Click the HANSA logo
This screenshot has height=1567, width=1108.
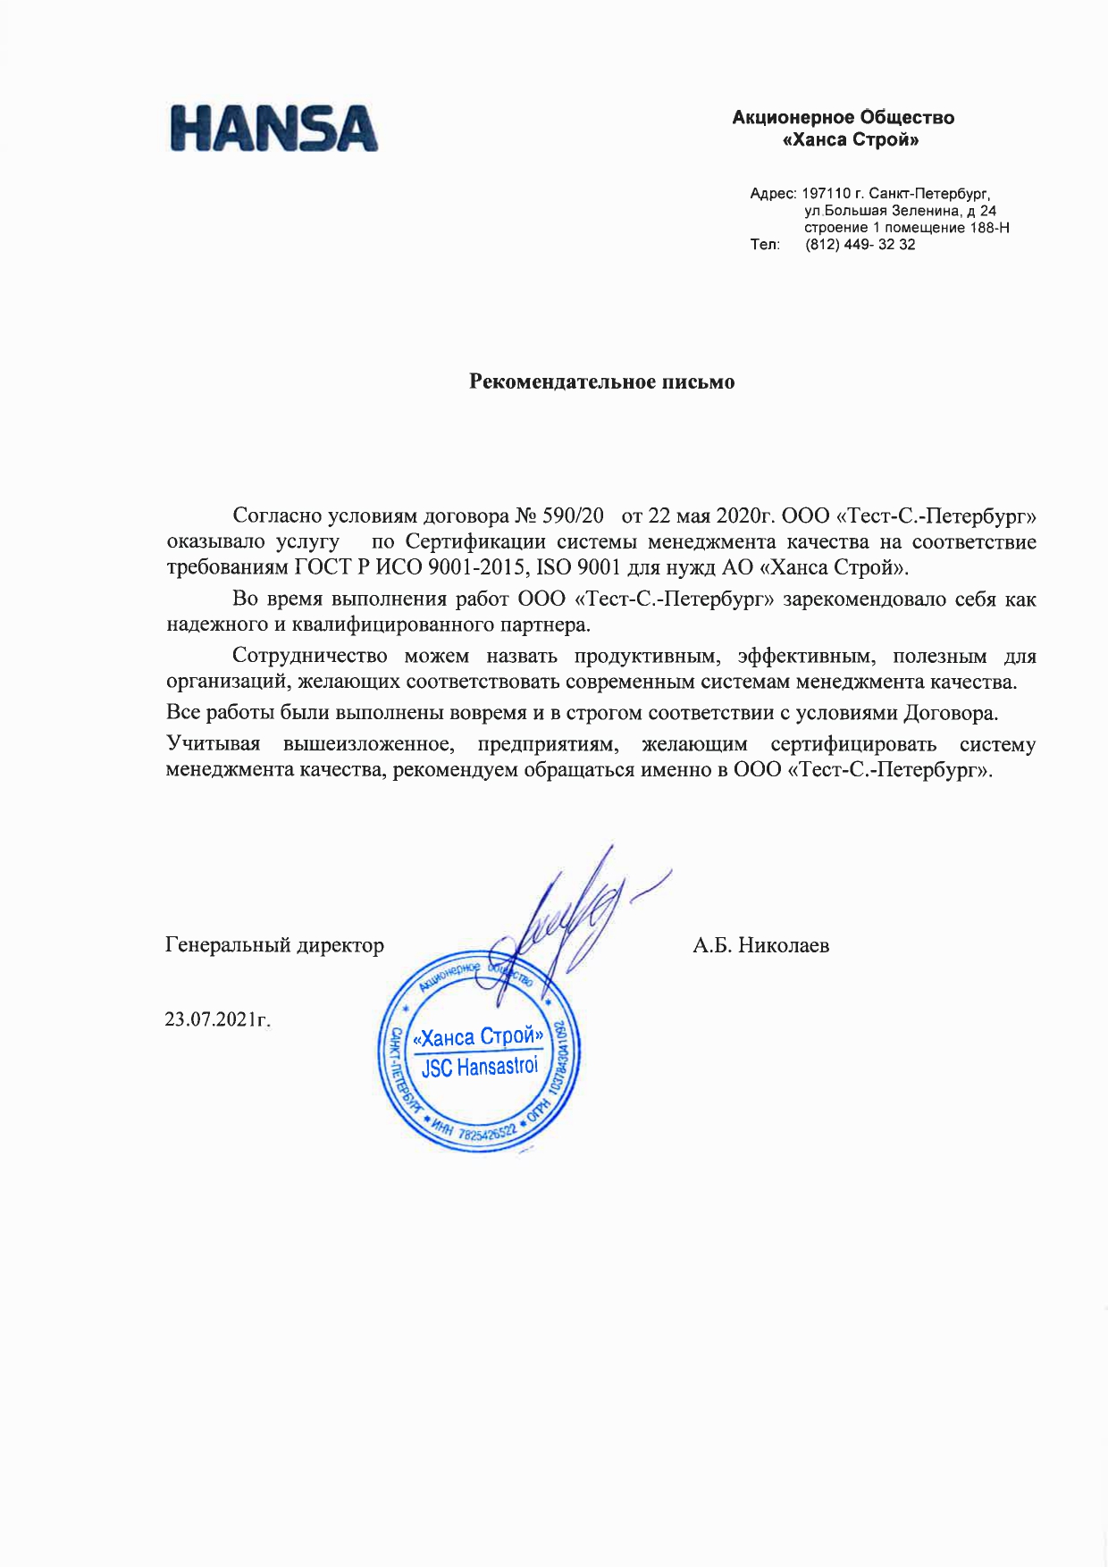[274, 128]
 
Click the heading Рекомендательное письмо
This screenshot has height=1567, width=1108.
[602, 382]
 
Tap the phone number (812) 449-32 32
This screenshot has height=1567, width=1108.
[860, 245]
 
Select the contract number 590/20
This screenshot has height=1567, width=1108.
[572, 516]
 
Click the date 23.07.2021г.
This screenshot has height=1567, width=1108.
[217, 1019]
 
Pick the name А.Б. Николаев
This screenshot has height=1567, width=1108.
[760, 945]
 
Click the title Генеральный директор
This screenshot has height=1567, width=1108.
[274, 945]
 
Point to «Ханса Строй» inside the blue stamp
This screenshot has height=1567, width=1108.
[478, 1037]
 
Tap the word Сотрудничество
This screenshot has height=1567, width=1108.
[309, 657]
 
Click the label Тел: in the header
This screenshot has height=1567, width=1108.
[765, 245]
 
